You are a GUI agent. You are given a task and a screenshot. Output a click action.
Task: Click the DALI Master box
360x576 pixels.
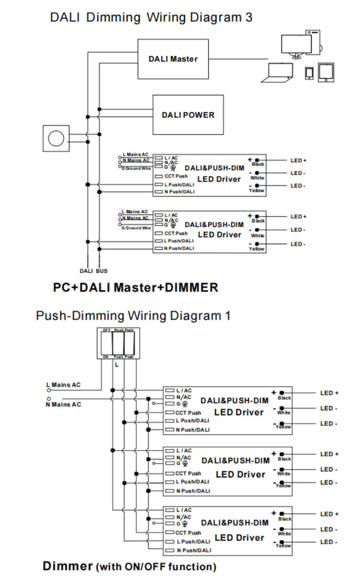(x=173, y=59)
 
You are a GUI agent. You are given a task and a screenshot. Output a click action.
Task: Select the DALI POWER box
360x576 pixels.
(x=188, y=115)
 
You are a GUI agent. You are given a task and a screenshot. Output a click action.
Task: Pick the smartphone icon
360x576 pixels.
(x=309, y=72)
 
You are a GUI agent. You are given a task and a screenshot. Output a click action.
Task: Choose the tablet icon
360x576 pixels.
(x=326, y=72)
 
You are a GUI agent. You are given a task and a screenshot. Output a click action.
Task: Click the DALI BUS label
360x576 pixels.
(x=94, y=271)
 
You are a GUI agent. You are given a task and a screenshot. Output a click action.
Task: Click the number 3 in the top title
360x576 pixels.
(x=248, y=18)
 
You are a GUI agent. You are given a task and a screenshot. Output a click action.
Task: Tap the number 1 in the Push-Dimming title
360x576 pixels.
(x=227, y=316)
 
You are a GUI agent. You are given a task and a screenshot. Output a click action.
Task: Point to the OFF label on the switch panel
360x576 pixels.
(x=106, y=330)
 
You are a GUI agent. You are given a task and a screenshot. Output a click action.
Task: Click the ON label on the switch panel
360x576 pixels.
(x=106, y=357)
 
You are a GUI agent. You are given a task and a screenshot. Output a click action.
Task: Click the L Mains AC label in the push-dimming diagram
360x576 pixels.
(x=63, y=385)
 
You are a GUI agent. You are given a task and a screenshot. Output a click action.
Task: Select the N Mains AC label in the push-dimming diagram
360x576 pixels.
(x=63, y=405)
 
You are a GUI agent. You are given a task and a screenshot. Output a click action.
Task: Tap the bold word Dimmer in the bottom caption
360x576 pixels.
(x=67, y=565)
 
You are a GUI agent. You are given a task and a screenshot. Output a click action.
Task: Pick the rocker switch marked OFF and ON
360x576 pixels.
(x=106, y=343)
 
